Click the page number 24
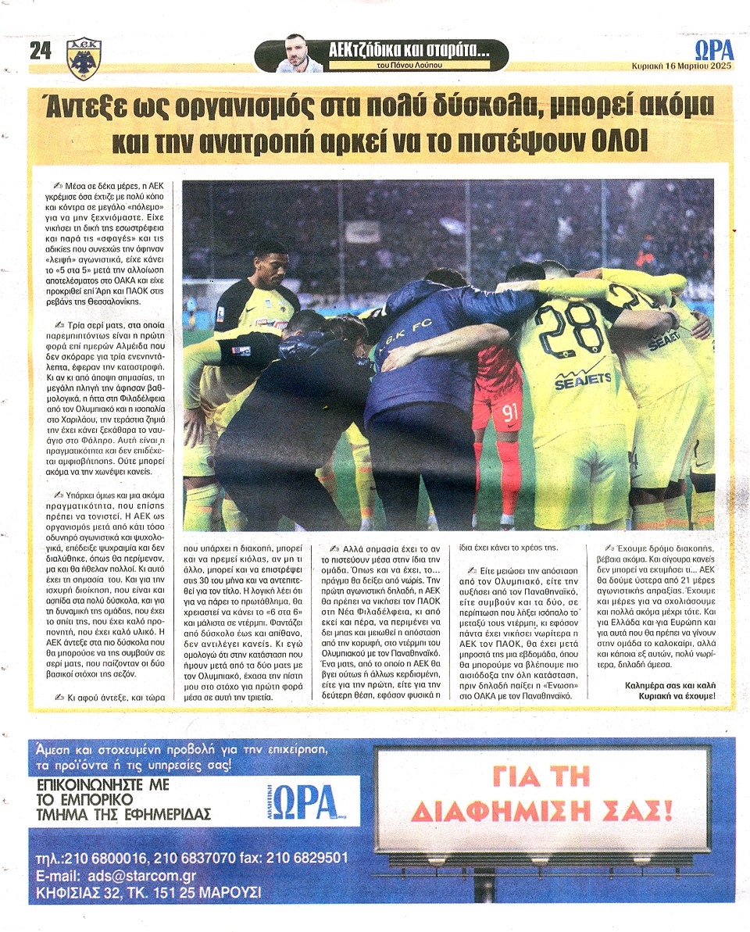pyautogui.click(x=40, y=52)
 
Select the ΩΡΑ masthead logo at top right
pyautogui.click(x=713, y=49)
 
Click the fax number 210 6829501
pyautogui.click(x=306, y=858)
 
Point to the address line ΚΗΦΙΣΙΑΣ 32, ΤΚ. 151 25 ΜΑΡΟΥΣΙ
pyautogui.click(x=149, y=891)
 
